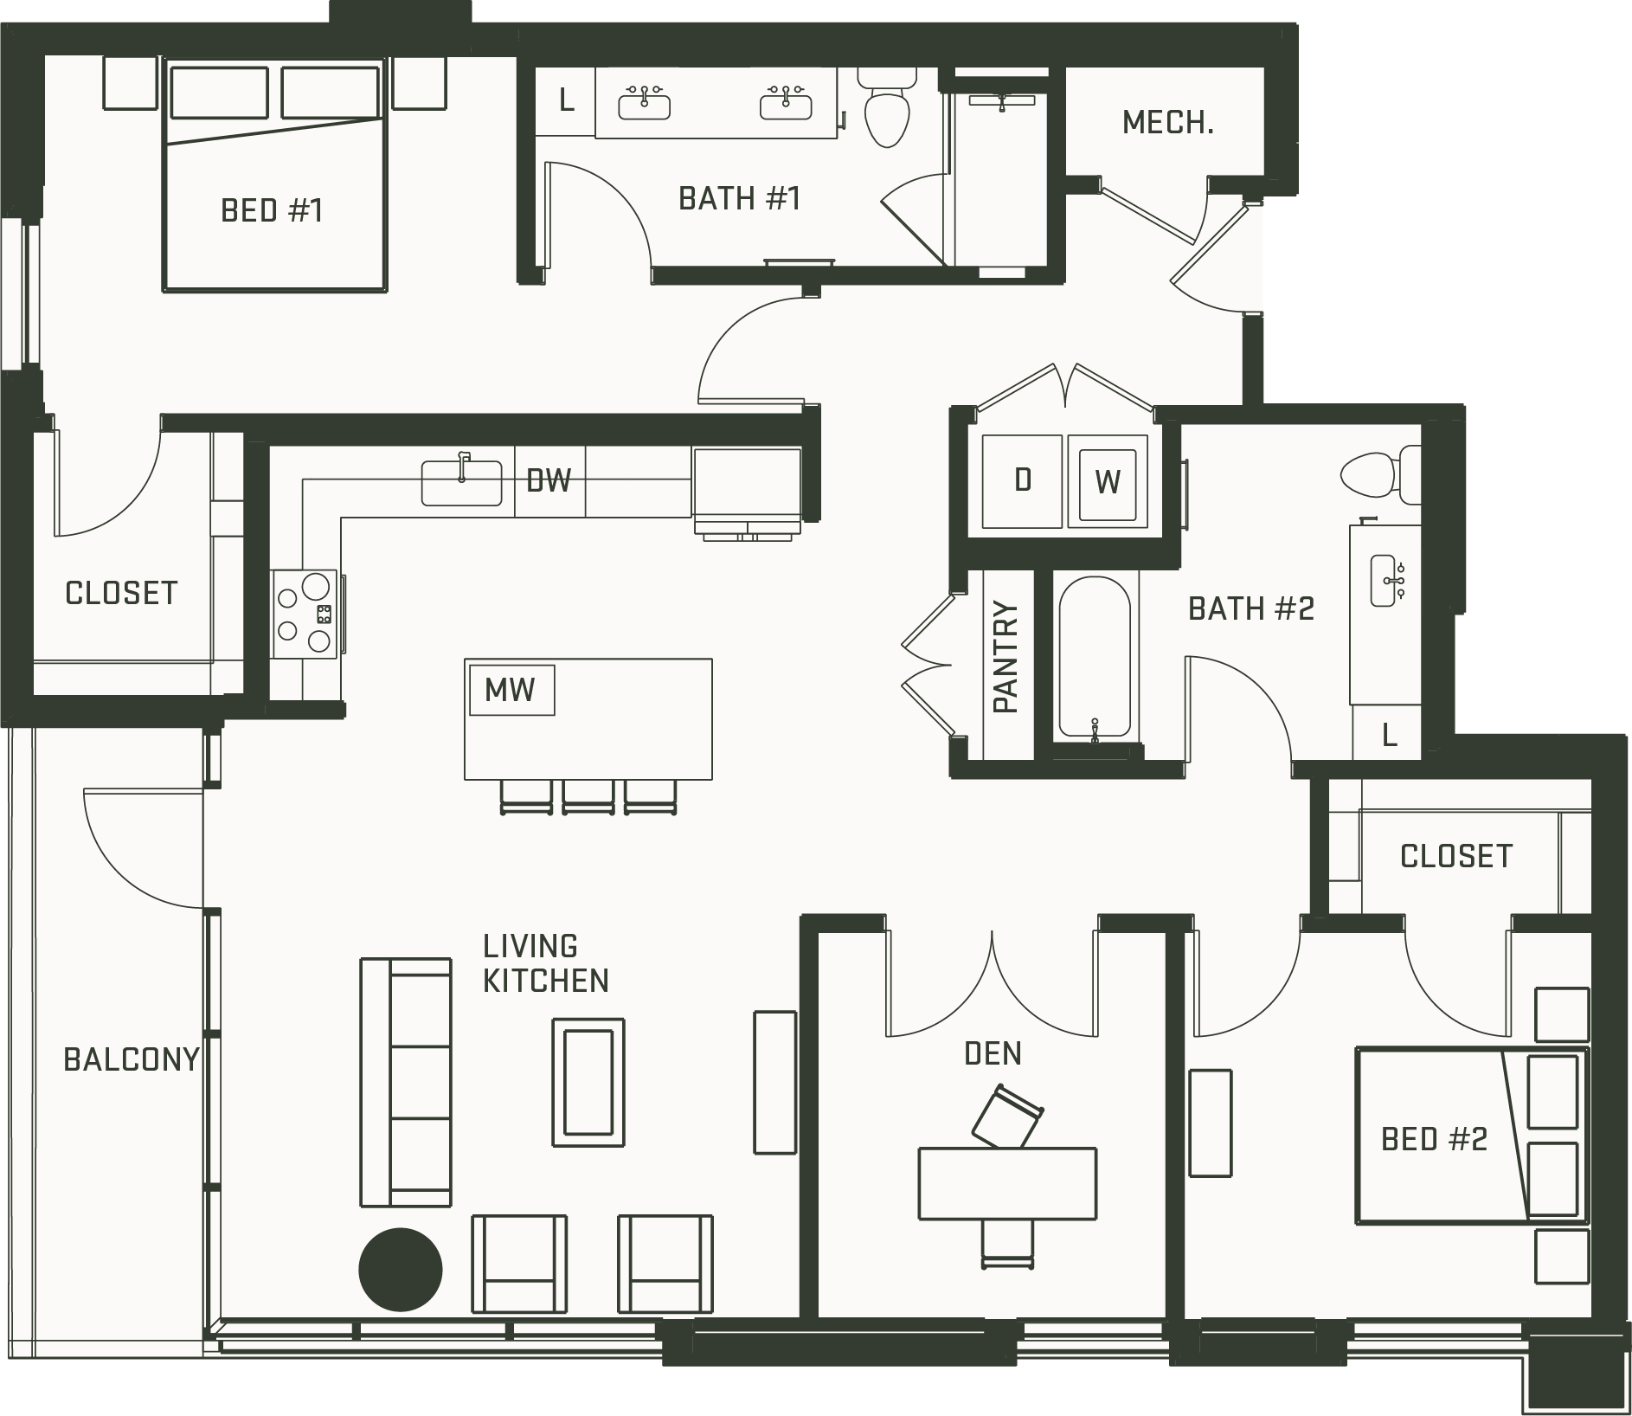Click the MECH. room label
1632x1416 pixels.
click(x=1167, y=123)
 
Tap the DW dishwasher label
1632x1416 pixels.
click(x=549, y=480)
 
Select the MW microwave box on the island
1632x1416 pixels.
click(x=511, y=690)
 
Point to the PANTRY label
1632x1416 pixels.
click(x=1006, y=657)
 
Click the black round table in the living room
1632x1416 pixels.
click(x=401, y=1271)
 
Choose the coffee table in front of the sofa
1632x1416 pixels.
click(x=588, y=1083)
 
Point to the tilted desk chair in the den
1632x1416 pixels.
click(x=1007, y=1118)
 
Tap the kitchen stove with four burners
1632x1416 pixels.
click(x=304, y=615)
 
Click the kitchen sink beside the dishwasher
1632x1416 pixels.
click(x=461, y=482)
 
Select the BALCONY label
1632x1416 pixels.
click(x=132, y=1059)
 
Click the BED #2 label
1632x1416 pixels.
click(x=1434, y=1139)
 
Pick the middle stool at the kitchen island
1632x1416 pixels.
click(x=588, y=796)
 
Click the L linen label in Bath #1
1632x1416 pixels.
click(x=567, y=100)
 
